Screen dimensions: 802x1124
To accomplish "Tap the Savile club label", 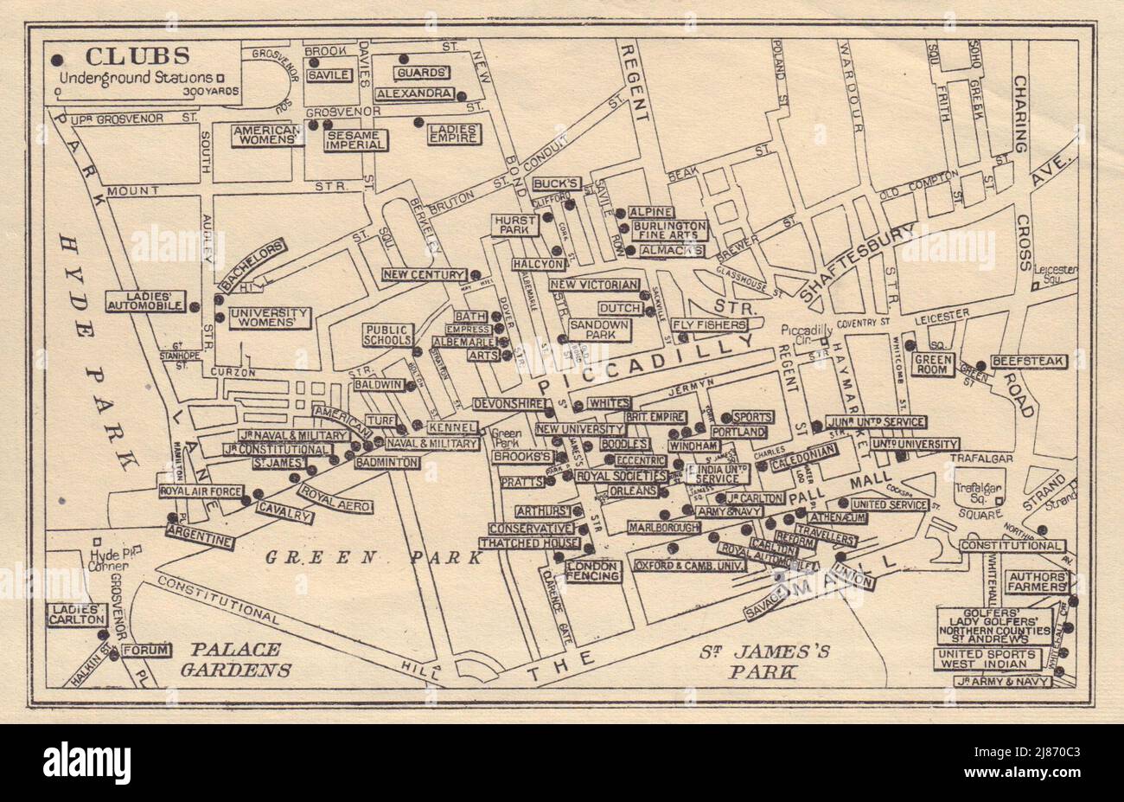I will [x=329, y=75].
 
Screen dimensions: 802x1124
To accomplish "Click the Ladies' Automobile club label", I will [x=144, y=300].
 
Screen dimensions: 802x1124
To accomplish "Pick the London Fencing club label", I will [x=592, y=571].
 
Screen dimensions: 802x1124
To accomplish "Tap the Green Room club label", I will [x=934, y=364].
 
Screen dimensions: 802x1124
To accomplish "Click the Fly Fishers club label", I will [x=710, y=325].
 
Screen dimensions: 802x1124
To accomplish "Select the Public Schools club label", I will [x=388, y=335].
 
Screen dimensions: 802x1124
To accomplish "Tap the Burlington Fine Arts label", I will [x=669, y=230].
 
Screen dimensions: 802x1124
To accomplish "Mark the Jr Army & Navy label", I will [x=1003, y=682].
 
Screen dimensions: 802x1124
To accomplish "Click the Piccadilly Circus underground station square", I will [x=825, y=341].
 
